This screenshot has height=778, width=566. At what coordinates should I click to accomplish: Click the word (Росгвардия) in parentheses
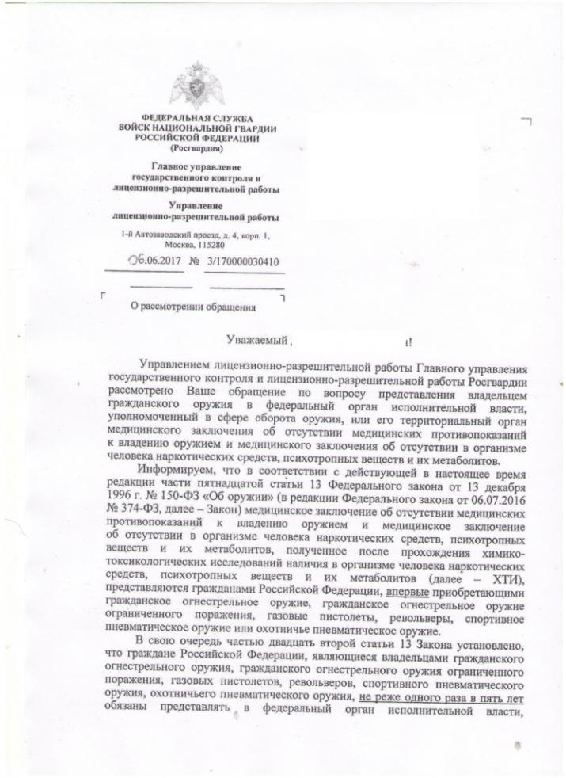[196, 147]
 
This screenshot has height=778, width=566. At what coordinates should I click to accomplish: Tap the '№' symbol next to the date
[192, 260]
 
